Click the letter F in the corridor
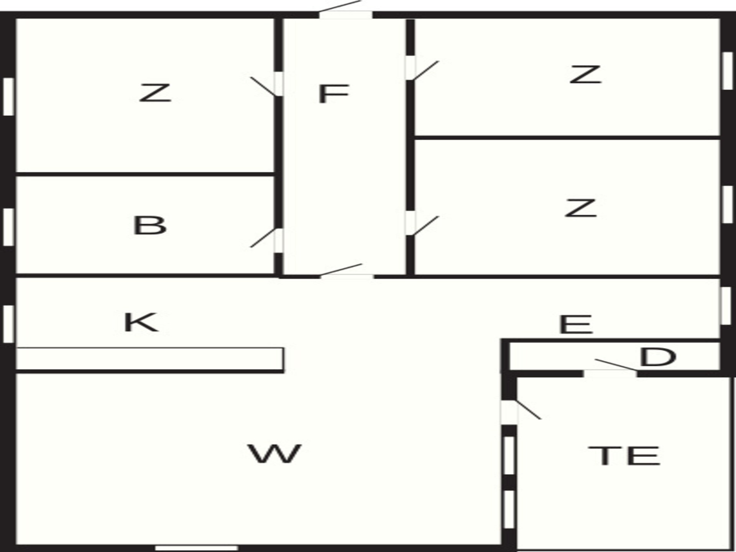point(333,94)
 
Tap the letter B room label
point(149,225)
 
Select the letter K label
point(140,322)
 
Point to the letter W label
point(274,453)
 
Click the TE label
point(624,456)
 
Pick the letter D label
point(657,357)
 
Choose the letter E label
point(576,324)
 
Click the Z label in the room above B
point(154,93)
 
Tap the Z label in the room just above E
point(580,208)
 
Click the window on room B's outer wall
point(8,227)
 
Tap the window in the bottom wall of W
point(196,548)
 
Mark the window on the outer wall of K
point(8,324)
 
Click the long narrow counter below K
point(149,359)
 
